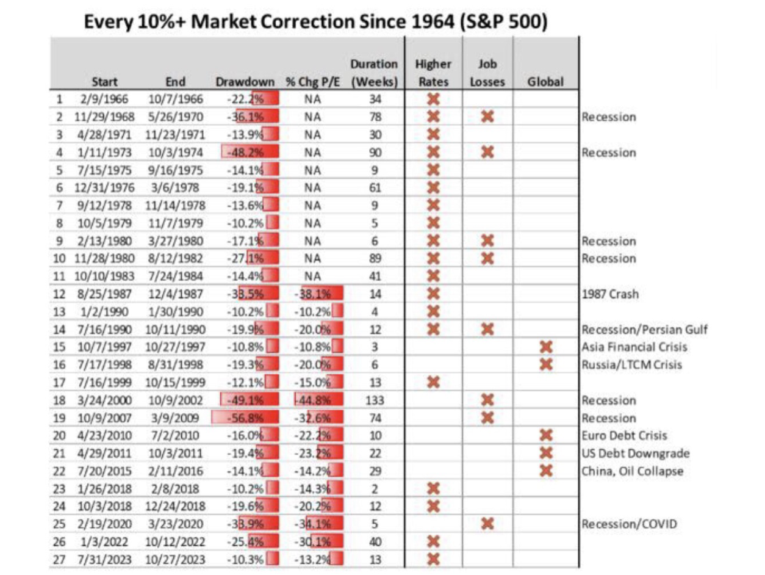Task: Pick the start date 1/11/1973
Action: pos(102,152)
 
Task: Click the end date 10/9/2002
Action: pos(176,400)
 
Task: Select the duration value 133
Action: pos(376,400)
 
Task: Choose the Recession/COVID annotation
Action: pos(630,524)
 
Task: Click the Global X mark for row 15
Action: pos(546,347)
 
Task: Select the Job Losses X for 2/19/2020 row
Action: pos(487,524)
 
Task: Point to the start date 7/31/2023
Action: pos(102,560)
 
